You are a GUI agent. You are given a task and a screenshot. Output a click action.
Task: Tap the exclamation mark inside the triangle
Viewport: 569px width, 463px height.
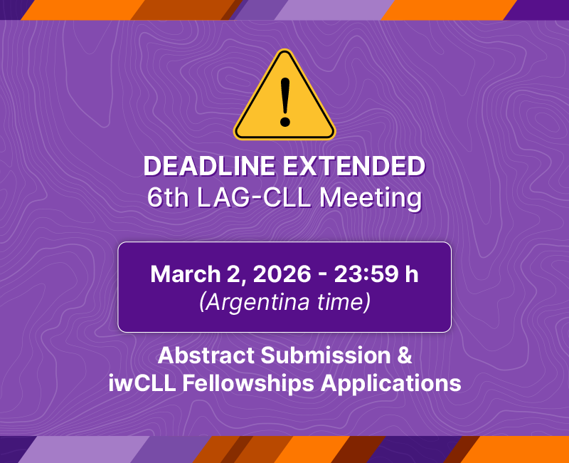tap(284, 100)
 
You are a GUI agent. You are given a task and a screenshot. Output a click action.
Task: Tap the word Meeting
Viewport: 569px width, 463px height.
tap(371, 197)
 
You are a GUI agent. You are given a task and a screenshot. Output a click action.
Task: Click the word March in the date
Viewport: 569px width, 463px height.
tap(181, 274)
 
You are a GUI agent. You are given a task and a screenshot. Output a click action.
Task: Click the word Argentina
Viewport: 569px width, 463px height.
tap(256, 303)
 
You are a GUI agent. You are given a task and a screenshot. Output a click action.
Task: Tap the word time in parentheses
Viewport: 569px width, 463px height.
tap(344, 303)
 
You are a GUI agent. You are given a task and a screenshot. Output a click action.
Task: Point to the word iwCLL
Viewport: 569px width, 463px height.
tap(142, 383)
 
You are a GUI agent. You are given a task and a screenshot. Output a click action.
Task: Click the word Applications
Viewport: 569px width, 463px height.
tap(390, 383)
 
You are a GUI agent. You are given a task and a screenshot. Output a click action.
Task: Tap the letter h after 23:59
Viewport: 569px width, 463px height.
tap(411, 274)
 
